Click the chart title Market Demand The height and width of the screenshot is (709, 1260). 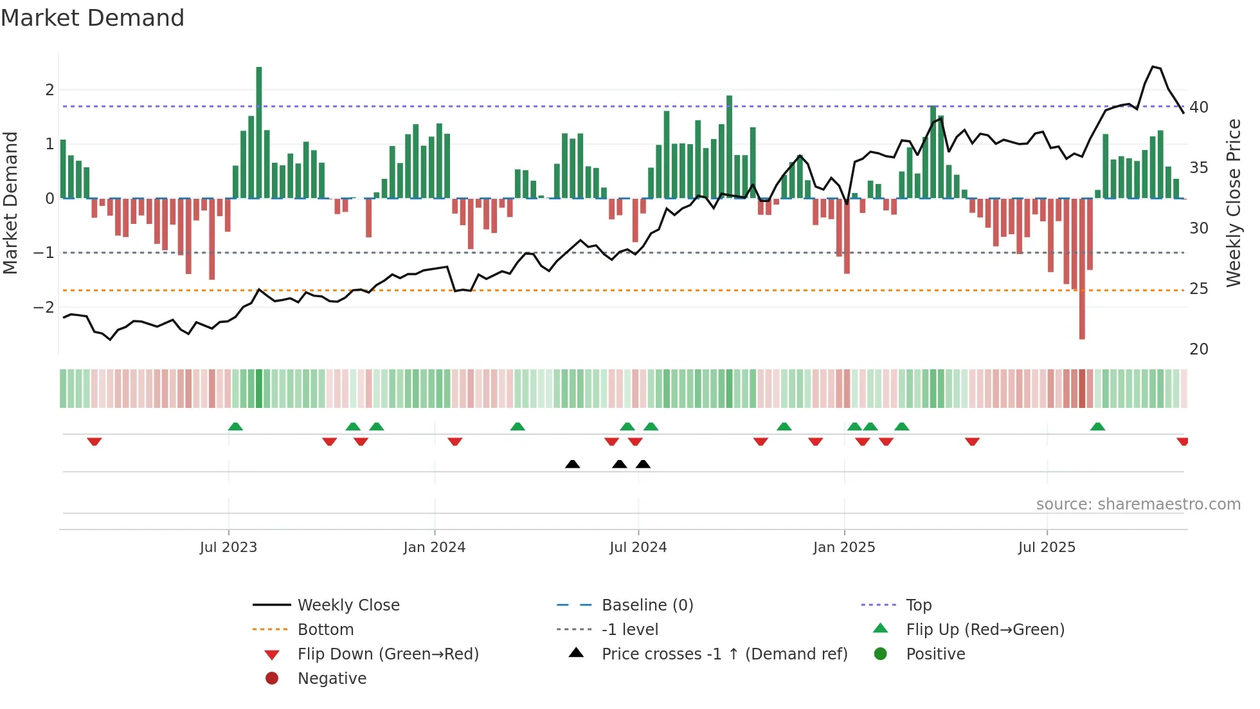pos(93,18)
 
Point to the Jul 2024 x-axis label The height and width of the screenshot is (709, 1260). pos(638,548)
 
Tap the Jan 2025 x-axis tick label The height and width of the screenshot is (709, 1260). pos(843,548)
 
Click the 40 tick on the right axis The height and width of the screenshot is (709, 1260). pos(1198,107)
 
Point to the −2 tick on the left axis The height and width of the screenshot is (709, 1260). pos(44,307)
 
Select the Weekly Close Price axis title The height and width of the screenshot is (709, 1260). pos(1233,203)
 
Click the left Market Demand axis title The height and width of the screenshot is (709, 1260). pos(11,203)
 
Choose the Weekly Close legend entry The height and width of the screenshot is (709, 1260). pos(348,605)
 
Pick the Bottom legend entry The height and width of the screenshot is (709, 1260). pos(325,630)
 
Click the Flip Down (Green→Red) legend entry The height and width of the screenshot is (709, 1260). pos(388,654)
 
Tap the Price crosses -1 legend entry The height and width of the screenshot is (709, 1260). pos(724,654)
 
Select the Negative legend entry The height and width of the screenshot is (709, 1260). pos(332,679)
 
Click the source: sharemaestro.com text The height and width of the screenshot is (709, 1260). pos(1138,504)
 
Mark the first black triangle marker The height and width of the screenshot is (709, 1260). pos(572,465)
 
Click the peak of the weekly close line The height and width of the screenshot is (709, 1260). pos(1153,67)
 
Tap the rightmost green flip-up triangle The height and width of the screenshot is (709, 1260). pos(1097,427)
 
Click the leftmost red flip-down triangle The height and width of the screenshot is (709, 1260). pos(94,441)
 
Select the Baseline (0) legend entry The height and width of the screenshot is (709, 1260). pos(647,605)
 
